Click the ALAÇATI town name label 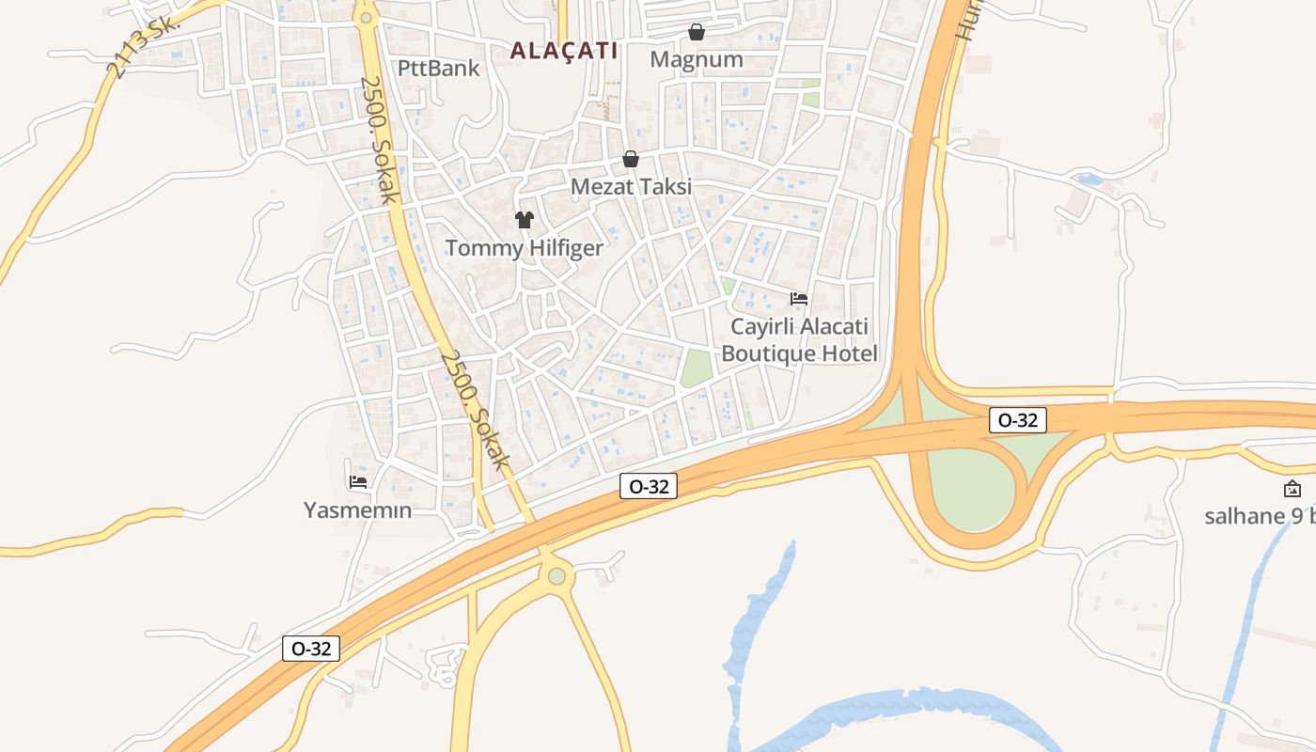(564, 51)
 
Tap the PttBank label (438, 68)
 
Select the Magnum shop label (697, 59)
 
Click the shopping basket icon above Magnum (697, 33)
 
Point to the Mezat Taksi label (631, 186)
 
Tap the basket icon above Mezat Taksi (631, 160)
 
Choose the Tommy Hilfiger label (524, 248)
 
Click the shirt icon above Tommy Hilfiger (524, 220)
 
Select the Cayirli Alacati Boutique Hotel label (798, 340)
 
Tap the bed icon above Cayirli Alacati (799, 299)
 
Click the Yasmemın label (357, 510)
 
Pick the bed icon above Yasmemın (358, 482)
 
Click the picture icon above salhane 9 (1292, 489)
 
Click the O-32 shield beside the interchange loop (1018, 420)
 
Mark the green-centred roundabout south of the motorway (557, 576)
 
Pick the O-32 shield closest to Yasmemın (311, 648)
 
